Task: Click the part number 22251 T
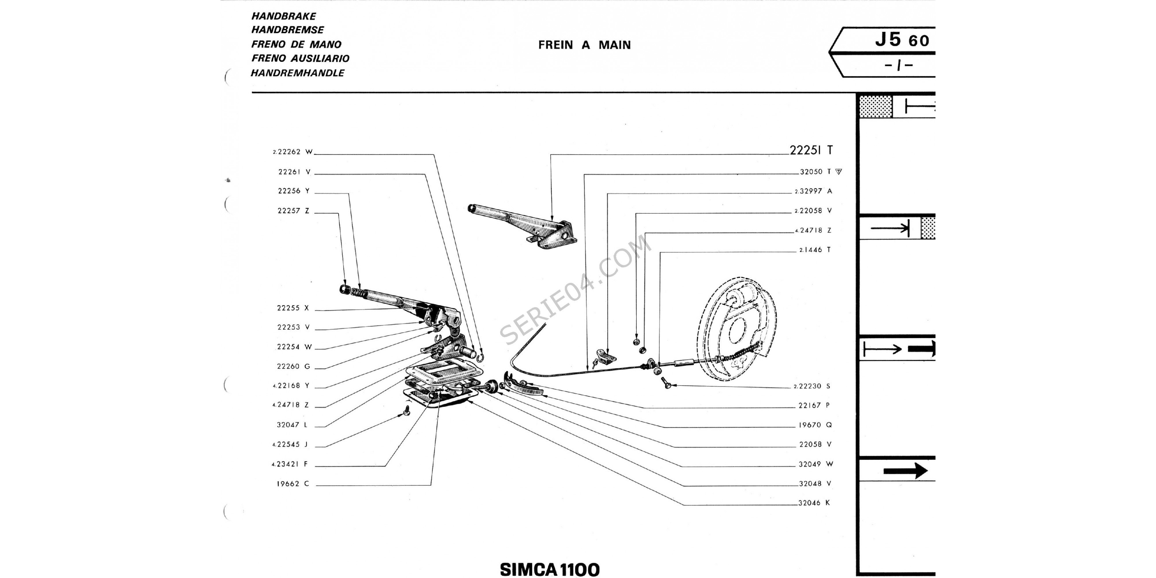point(811,150)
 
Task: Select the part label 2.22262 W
point(292,152)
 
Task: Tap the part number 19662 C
point(292,484)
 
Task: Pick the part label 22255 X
point(293,308)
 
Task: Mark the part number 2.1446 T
point(814,250)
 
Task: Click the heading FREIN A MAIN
point(584,45)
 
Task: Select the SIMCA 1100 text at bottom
point(550,569)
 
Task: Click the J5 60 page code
point(902,40)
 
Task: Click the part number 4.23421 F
point(290,464)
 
